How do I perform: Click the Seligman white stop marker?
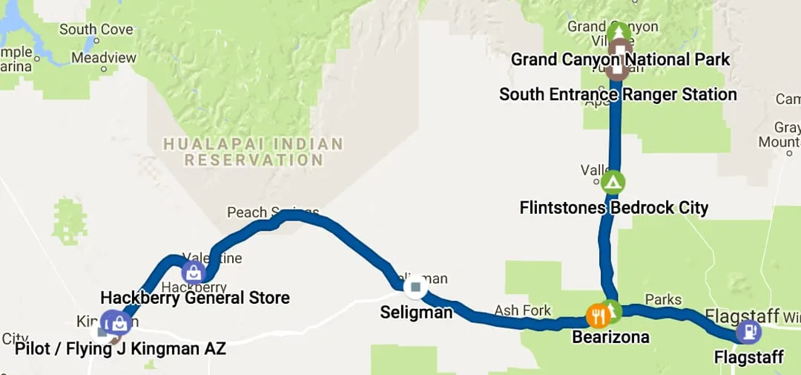(415, 287)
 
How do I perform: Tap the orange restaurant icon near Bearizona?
(598, 316)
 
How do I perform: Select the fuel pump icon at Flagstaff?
(748, 331)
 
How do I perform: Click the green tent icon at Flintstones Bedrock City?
(613, 182)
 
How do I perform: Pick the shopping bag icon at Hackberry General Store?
(193, 272)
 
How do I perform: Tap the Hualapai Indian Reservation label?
(254, 151)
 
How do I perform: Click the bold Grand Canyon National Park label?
(620, 59)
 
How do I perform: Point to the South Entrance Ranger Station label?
(618, 94)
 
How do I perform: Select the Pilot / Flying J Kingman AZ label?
(120, 348)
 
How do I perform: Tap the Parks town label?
(663, 299)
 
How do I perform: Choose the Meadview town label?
(104, 57)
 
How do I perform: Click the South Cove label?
(96, 30)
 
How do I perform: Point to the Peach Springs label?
(272, 212)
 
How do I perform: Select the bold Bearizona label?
(610, 337)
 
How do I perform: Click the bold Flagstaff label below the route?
(748, 358)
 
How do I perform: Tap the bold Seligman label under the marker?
(416, 313)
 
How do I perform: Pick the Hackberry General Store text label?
(195, 298)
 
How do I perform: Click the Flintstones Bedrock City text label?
(614, 208)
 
